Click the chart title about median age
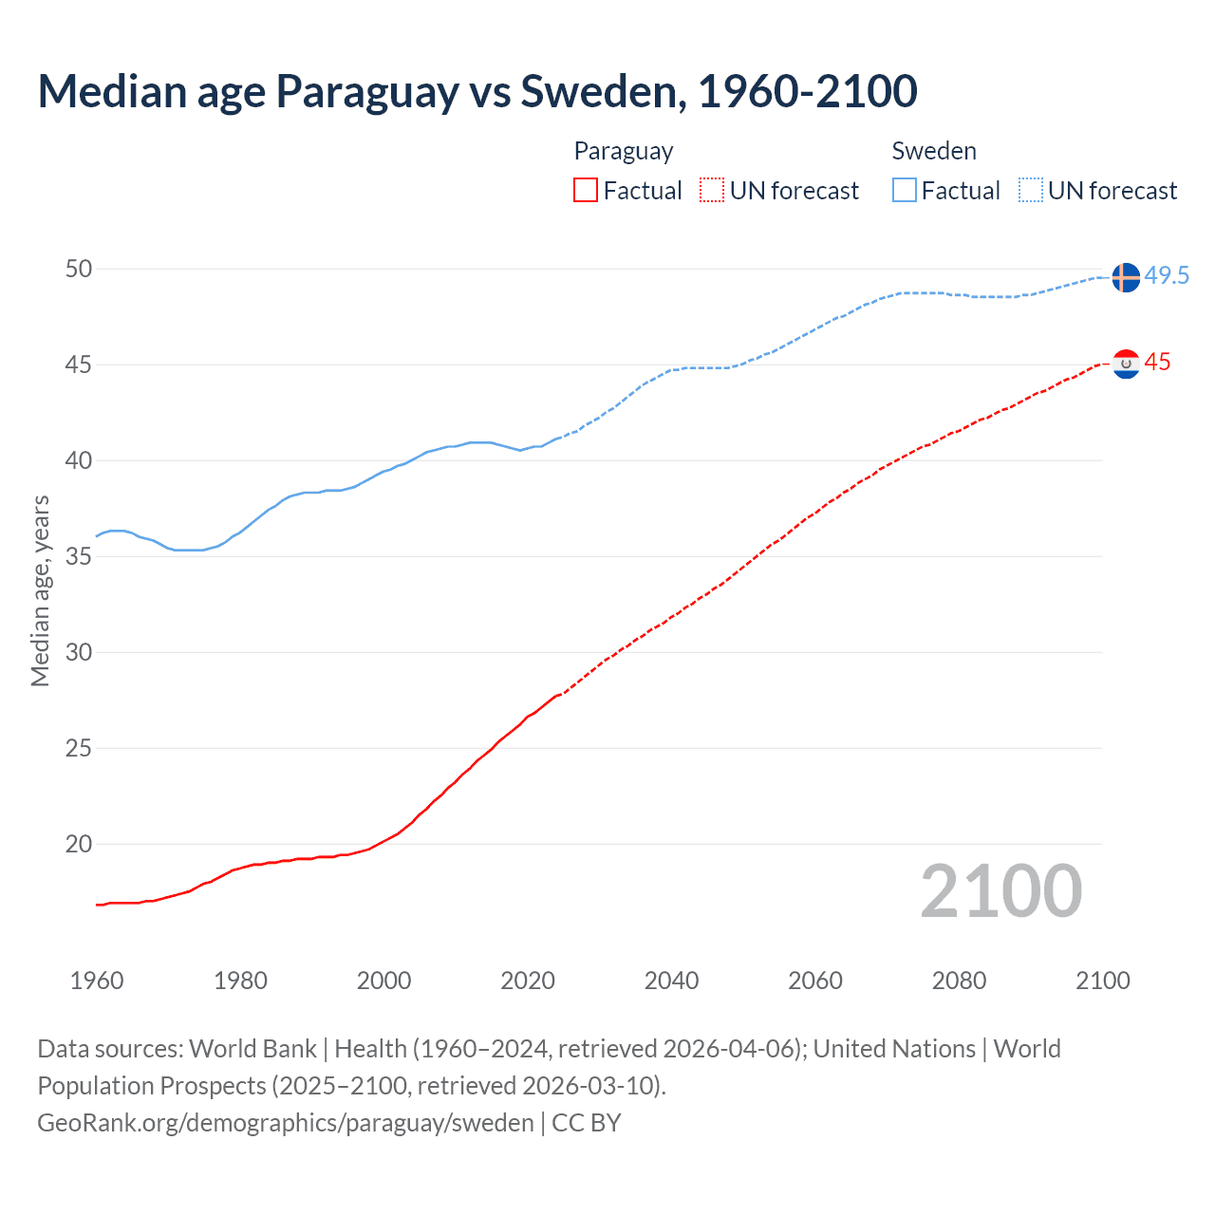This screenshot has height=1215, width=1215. click(x=477, y=91)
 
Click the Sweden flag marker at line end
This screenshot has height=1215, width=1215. click(x=1125, y=277)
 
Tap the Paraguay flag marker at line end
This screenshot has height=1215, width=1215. click(x=1125, y=364)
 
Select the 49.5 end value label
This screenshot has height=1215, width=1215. click(x=1167, y=276)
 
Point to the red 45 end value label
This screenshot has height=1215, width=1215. click(x=1157, y=363)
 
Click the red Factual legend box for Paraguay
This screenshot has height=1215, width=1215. click(x=586, y=191)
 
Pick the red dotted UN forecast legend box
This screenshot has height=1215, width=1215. click(x=712, y=191)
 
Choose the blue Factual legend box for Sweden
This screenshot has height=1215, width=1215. click(x=905, y=191)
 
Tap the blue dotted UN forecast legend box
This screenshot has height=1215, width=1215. click(x=1030, y=191)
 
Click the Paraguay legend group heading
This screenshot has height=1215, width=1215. click(x=624, y=151)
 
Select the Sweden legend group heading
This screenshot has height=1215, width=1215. click(x=934, y=151)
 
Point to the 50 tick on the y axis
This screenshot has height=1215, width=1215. click(x=79, y=270)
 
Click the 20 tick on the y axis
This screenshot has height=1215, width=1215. click(x=79, y=844)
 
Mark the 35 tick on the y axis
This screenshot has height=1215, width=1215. click(x=79, y=556)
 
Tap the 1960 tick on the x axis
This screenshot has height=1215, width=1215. click(x=97, y=981)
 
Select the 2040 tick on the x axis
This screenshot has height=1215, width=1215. click(x=671, y=981)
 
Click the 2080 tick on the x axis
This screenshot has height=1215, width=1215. click(x=959, y=981)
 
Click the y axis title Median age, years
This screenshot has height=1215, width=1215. click(x=40, y=590)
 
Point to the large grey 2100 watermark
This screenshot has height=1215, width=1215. click(x=1000, y=890)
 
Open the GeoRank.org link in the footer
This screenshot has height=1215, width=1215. click(x=285, y=1123)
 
